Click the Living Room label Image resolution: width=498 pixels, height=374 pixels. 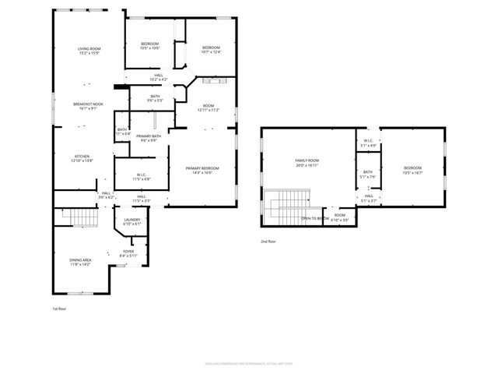click(89, 51)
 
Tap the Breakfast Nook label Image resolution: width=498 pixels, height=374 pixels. click(89, 106)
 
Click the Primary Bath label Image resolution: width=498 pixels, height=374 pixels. click(149, 139)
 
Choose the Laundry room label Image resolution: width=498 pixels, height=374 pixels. click(132, 222)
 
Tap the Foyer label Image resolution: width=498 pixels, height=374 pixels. click(128, 253)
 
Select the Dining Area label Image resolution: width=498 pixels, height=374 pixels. click(81, 263)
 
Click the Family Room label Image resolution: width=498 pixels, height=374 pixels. click(307, 163)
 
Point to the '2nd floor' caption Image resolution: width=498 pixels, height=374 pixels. click(268, 242)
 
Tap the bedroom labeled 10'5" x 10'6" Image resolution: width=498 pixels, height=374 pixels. click(149, 46)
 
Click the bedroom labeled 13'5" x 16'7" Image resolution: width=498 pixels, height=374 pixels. click(412, 171)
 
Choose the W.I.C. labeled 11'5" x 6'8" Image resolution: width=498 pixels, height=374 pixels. click(142, 176)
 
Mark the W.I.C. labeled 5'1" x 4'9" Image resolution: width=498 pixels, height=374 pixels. click(367, 143)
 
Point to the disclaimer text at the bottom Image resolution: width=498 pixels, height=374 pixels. click(248, 363)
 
